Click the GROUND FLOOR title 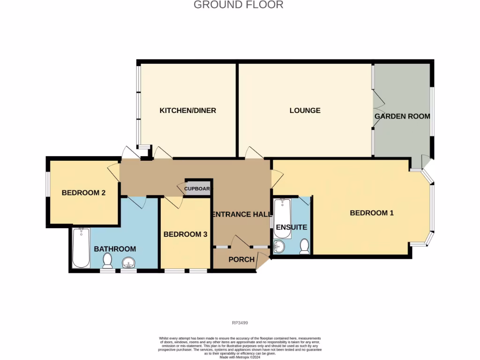tap(238, 5)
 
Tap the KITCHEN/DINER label tap(187, 111)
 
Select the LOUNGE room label tap(305, 111)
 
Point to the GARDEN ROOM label tap(402, 116)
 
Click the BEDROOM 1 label tap(372, 213)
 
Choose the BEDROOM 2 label tap(83, 193)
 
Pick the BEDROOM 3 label tap(185, 234)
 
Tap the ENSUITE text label tap(292, 227)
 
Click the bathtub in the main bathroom tap(81, 248)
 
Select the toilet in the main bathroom tap(108, 261)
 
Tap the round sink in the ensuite tap(280, 247)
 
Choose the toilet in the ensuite tap(305, 246)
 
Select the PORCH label tap(241, 259)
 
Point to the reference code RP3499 tap(240, 322)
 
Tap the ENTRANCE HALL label tap(242, 214)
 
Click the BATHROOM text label tap(115, 249)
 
